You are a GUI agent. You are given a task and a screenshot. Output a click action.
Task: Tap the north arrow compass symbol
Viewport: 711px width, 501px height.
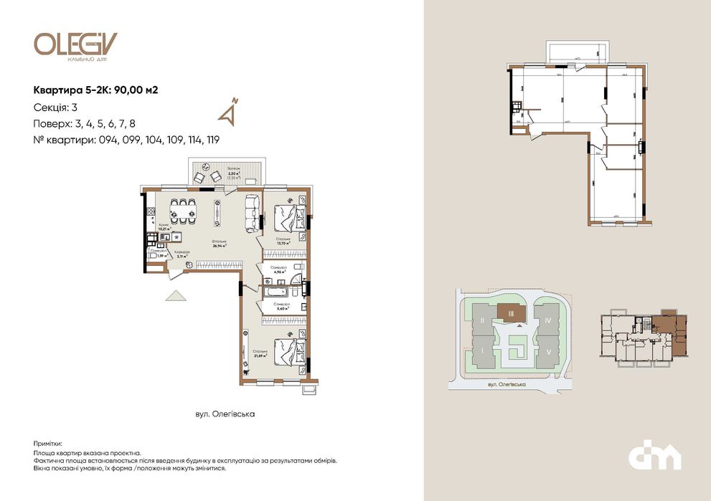(230, 111)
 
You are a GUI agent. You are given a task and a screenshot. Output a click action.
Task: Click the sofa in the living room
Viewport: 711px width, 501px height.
(252, 213)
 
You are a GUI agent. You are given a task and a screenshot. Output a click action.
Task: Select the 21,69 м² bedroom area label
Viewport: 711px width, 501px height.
(260, 353)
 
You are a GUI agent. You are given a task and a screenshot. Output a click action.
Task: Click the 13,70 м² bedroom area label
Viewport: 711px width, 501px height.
(282, 241)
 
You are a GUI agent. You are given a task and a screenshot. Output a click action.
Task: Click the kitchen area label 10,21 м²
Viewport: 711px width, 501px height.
(165, 228)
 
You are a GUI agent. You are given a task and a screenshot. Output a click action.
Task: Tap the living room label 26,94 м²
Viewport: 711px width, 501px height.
(219, 243)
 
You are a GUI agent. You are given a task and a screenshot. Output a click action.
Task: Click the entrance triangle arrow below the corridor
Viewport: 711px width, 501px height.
(174, 295)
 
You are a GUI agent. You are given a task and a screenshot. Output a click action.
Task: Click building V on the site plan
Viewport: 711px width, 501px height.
(547, 352)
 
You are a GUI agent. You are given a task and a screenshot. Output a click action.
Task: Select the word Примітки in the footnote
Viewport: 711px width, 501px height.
(47, 444)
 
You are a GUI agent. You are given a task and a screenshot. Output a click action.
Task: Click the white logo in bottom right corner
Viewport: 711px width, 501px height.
(654, 455)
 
